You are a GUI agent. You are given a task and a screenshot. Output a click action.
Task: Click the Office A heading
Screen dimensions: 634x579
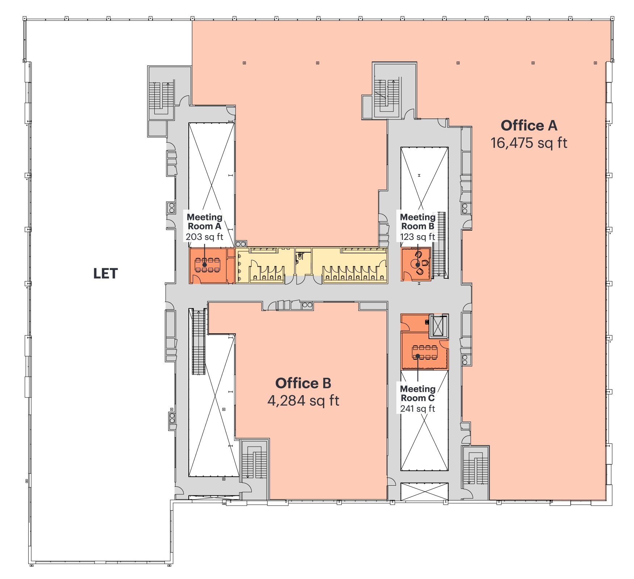click(529, 126)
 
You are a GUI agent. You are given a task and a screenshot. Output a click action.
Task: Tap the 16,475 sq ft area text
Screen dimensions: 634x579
click(529, 143)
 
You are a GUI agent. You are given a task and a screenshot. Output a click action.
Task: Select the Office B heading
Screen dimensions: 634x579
click(303, 383)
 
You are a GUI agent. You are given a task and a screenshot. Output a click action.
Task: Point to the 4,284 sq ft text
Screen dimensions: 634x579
click(303, 401)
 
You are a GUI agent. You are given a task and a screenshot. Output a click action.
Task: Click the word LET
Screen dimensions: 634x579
click(105, 274)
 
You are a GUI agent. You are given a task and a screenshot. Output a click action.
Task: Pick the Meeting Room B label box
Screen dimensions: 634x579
click(417, 226)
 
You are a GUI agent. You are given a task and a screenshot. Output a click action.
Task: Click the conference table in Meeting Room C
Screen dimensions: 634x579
click(425, 352)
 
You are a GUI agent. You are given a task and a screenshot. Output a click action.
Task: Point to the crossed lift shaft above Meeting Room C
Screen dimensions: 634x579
click(438, 326)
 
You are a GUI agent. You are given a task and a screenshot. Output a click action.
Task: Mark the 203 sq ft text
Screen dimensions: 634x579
click(204, 237)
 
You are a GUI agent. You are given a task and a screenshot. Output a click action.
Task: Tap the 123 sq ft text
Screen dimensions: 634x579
click(417, 237)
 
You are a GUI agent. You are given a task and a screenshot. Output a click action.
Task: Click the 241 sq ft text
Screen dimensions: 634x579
click(417, 409)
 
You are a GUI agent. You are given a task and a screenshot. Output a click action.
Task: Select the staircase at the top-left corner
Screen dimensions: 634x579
click(162, 97)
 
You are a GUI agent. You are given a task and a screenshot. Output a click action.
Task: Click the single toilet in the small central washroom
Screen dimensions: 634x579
click(300, 257)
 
